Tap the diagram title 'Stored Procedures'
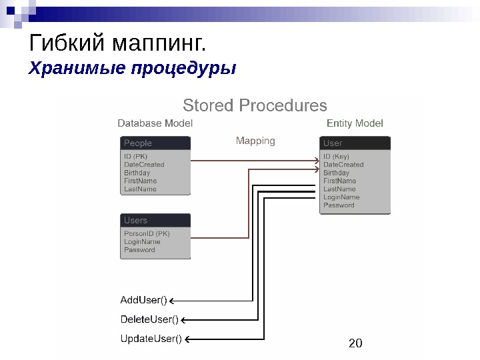[x=255, y=106]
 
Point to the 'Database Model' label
[x=155, y=123]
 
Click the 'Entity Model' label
[x=355, y=123]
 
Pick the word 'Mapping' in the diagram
[x=255, y=141]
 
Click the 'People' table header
[x=138, y=143]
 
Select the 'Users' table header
[x=136, y=220]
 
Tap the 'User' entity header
[x=333, y=143]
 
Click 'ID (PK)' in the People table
[x=136, y=157]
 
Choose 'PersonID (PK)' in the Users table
[x=147, y=234]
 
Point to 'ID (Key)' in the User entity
[x=336, y=157]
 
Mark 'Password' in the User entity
[x=339, y=205]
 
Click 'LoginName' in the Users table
[x=142, y=242]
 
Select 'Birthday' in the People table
[x=137, y=173]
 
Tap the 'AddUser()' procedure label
[x=143, y=299]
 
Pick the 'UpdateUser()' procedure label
[x=151, y=339]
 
